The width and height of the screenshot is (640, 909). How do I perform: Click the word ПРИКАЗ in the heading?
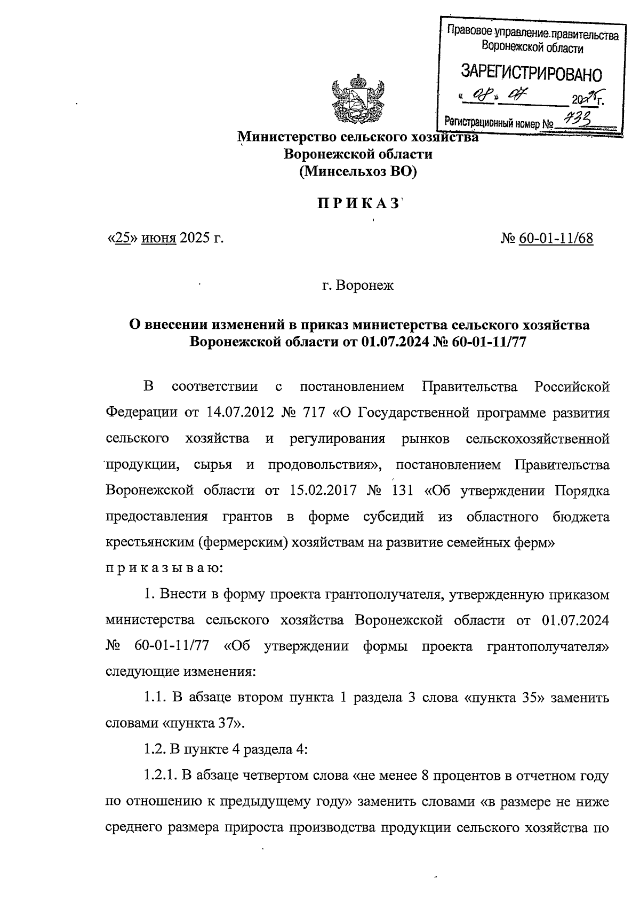pos(358,204)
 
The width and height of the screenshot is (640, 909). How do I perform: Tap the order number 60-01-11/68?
pos(555,238)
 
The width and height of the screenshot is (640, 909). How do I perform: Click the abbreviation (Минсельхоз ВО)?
pos(358,172)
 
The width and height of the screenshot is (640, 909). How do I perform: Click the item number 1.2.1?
pos(159,776)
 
